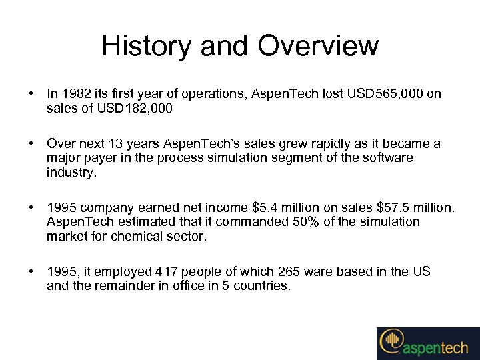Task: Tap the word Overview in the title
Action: pyautogui.click(x=318, y=47)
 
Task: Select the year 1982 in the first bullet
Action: pyautogui.click(x=73, y=95)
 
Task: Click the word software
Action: pyautogui.click(x=388, y=159)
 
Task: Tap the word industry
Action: pyautogui.click(x=71, y=173)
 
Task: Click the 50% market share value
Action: pyautogui.click(x=307, y=222)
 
